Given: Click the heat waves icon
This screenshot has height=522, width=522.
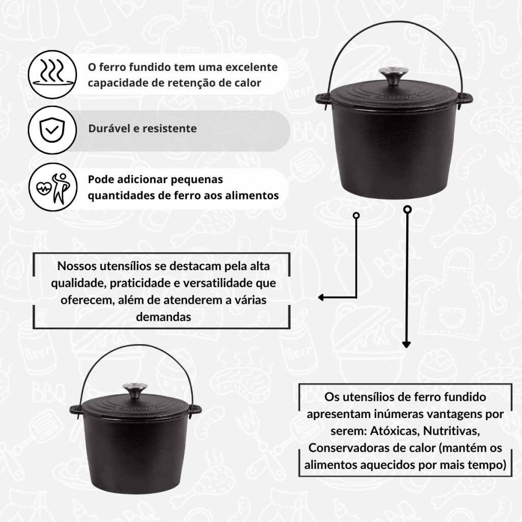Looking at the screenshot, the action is pos(53,74).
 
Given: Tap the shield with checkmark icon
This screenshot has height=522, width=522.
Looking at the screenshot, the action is pos(53,130).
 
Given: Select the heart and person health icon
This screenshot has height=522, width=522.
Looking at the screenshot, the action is pos(53,187).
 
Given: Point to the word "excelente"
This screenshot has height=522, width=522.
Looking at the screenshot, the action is pos(251,67).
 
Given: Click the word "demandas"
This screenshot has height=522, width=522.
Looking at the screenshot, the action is pos(164,317).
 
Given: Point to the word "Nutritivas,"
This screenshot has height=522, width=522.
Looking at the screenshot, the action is pos(452,431).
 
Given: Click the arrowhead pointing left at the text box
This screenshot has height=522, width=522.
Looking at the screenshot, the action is pos(321,297).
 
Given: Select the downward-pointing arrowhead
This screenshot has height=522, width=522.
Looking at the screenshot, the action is pos(406,345).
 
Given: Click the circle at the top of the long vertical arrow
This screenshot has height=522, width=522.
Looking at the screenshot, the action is pos(407,210).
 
